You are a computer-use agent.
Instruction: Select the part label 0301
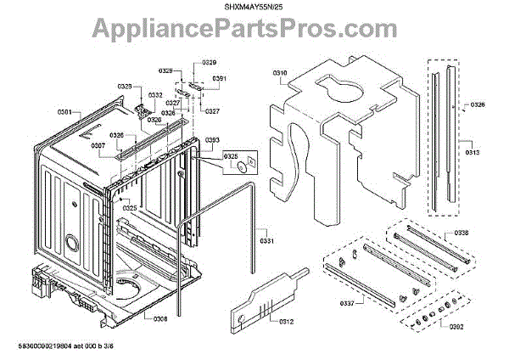(64, 111)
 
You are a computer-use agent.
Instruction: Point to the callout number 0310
(280, 74)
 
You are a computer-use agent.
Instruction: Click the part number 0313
(472, 153)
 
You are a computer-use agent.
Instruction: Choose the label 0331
(267, 241)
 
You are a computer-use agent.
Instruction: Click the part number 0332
(155, 95)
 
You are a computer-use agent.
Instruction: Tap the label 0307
(98, 145)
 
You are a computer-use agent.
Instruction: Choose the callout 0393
(213, 139)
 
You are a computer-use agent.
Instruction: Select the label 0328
(125, 87)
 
